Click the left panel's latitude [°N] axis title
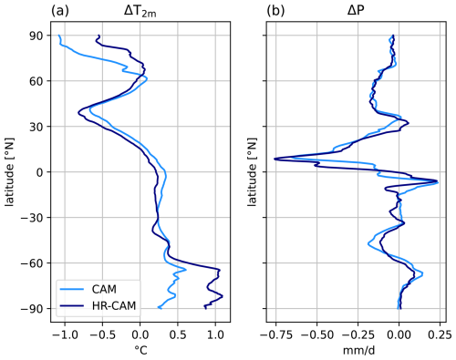(x=12, y=172)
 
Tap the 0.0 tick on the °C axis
(x=140, y=334)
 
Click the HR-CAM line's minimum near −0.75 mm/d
(x=275, y=159)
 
